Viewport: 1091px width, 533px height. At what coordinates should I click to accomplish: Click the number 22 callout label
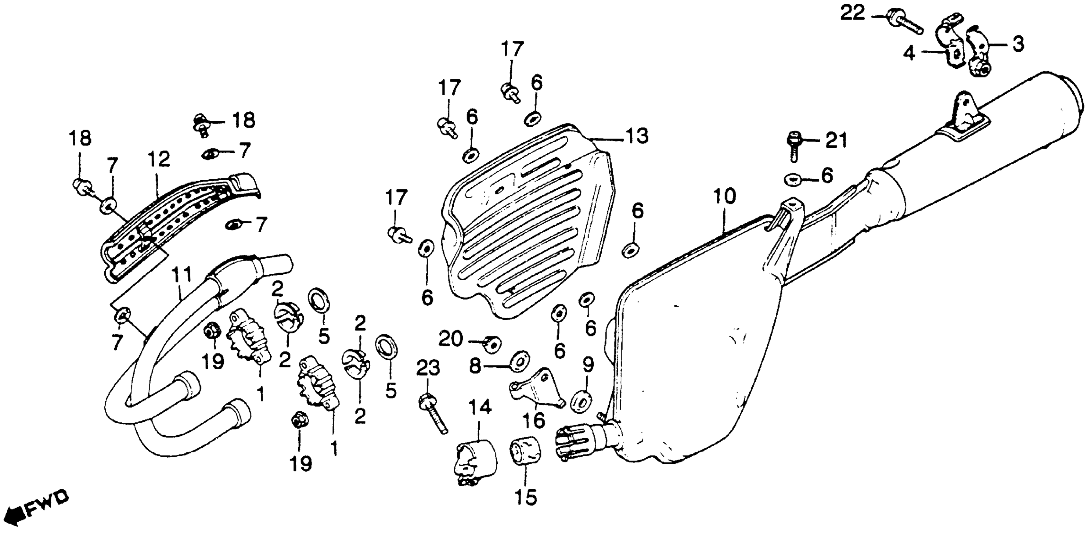coord(852,14)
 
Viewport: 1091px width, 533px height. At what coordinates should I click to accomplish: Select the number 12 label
coord(159,159)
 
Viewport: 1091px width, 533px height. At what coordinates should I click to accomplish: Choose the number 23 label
coord(428,369)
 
